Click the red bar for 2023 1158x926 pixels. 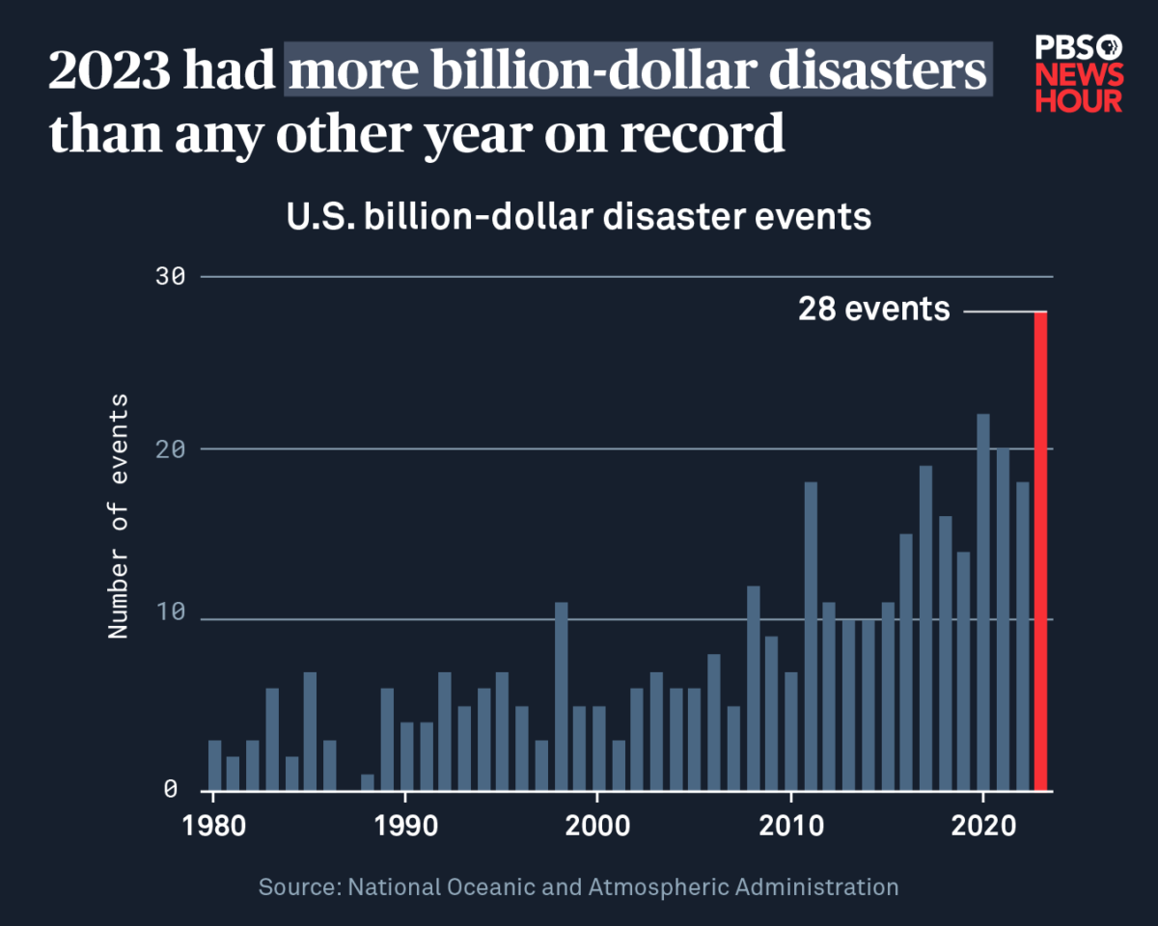click(1040, 551)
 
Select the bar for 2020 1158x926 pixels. click(982, 602)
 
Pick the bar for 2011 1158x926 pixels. click(811, 636)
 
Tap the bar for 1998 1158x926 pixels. click(561, 695)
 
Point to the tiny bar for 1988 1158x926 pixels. click(367, 782)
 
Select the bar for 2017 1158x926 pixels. click(925, 628)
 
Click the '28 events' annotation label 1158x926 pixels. click(873, 310)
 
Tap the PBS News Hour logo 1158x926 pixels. click(1078, 73)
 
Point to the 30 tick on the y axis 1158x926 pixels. click(171, 277)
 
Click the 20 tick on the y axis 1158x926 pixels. click(171, 449)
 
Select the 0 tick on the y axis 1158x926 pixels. click(171, 790)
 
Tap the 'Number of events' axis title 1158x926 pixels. click(118, 516)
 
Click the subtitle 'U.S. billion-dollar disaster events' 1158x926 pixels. click(578, 216)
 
